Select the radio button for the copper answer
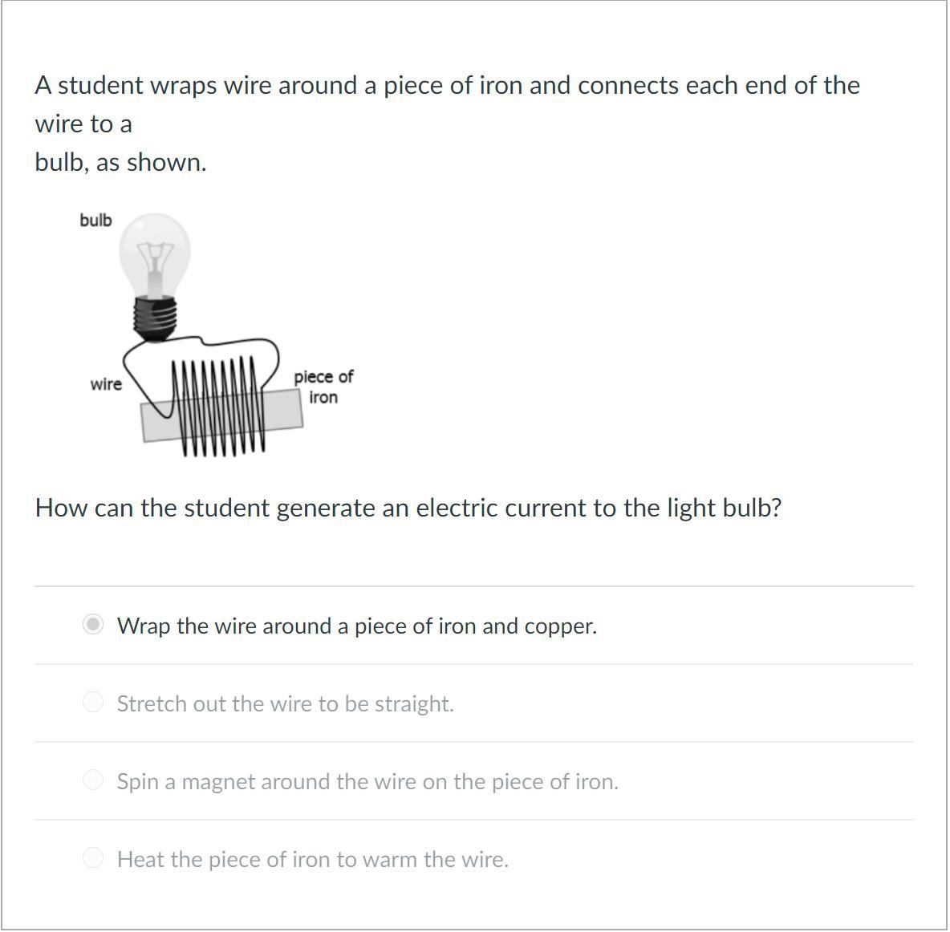pyautogui.click(x=93, y=624)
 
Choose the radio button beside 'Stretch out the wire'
pyautogui.click(x=93, y=702)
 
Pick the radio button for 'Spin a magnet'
pyautogui.click(x=93, y=780)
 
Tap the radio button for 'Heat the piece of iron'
pyautogui.click(x=93, y=857)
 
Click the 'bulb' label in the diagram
pyautogui.click(x=95, y=220)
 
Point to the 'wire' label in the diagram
pyautogui.click(x=106, y=384)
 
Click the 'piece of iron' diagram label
pyautogui.click(x=323, y=387)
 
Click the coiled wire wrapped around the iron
pyautogui.click(x=219, y=406)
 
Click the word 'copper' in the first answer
pyautogui.click(x=560, y=626)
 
